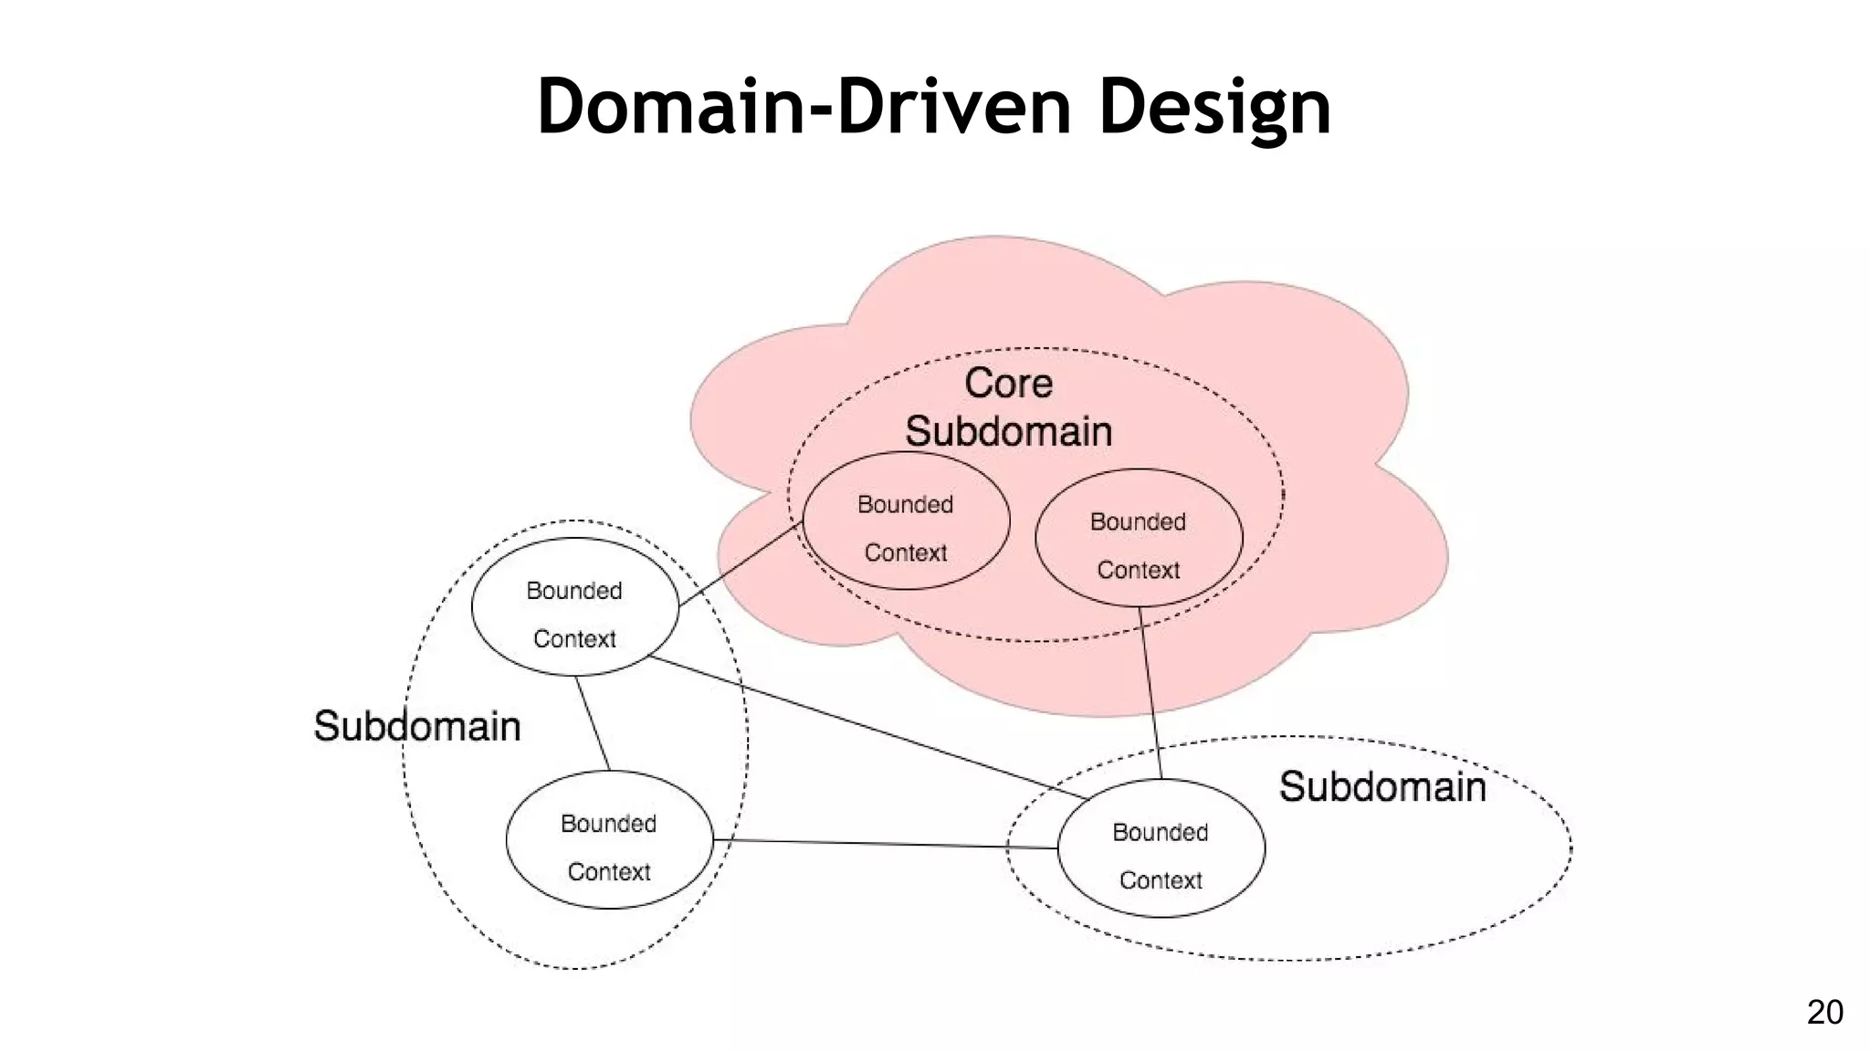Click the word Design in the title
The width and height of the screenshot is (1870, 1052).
1214,108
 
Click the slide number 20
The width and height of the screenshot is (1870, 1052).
1824,1012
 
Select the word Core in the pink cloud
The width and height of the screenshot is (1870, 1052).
1008,384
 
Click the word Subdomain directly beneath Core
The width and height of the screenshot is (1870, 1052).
1008,432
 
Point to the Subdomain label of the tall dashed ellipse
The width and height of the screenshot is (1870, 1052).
417,727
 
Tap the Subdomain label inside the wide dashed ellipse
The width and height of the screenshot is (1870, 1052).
1381,787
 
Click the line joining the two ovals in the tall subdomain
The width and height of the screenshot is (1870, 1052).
593,723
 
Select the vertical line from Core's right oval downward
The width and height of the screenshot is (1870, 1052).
1150,694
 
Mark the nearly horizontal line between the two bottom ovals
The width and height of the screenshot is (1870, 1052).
886,844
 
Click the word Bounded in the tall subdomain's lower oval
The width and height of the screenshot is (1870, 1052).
608,824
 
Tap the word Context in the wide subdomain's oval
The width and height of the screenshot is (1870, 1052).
1161,880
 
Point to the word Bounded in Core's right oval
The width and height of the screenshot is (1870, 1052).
1138,522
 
